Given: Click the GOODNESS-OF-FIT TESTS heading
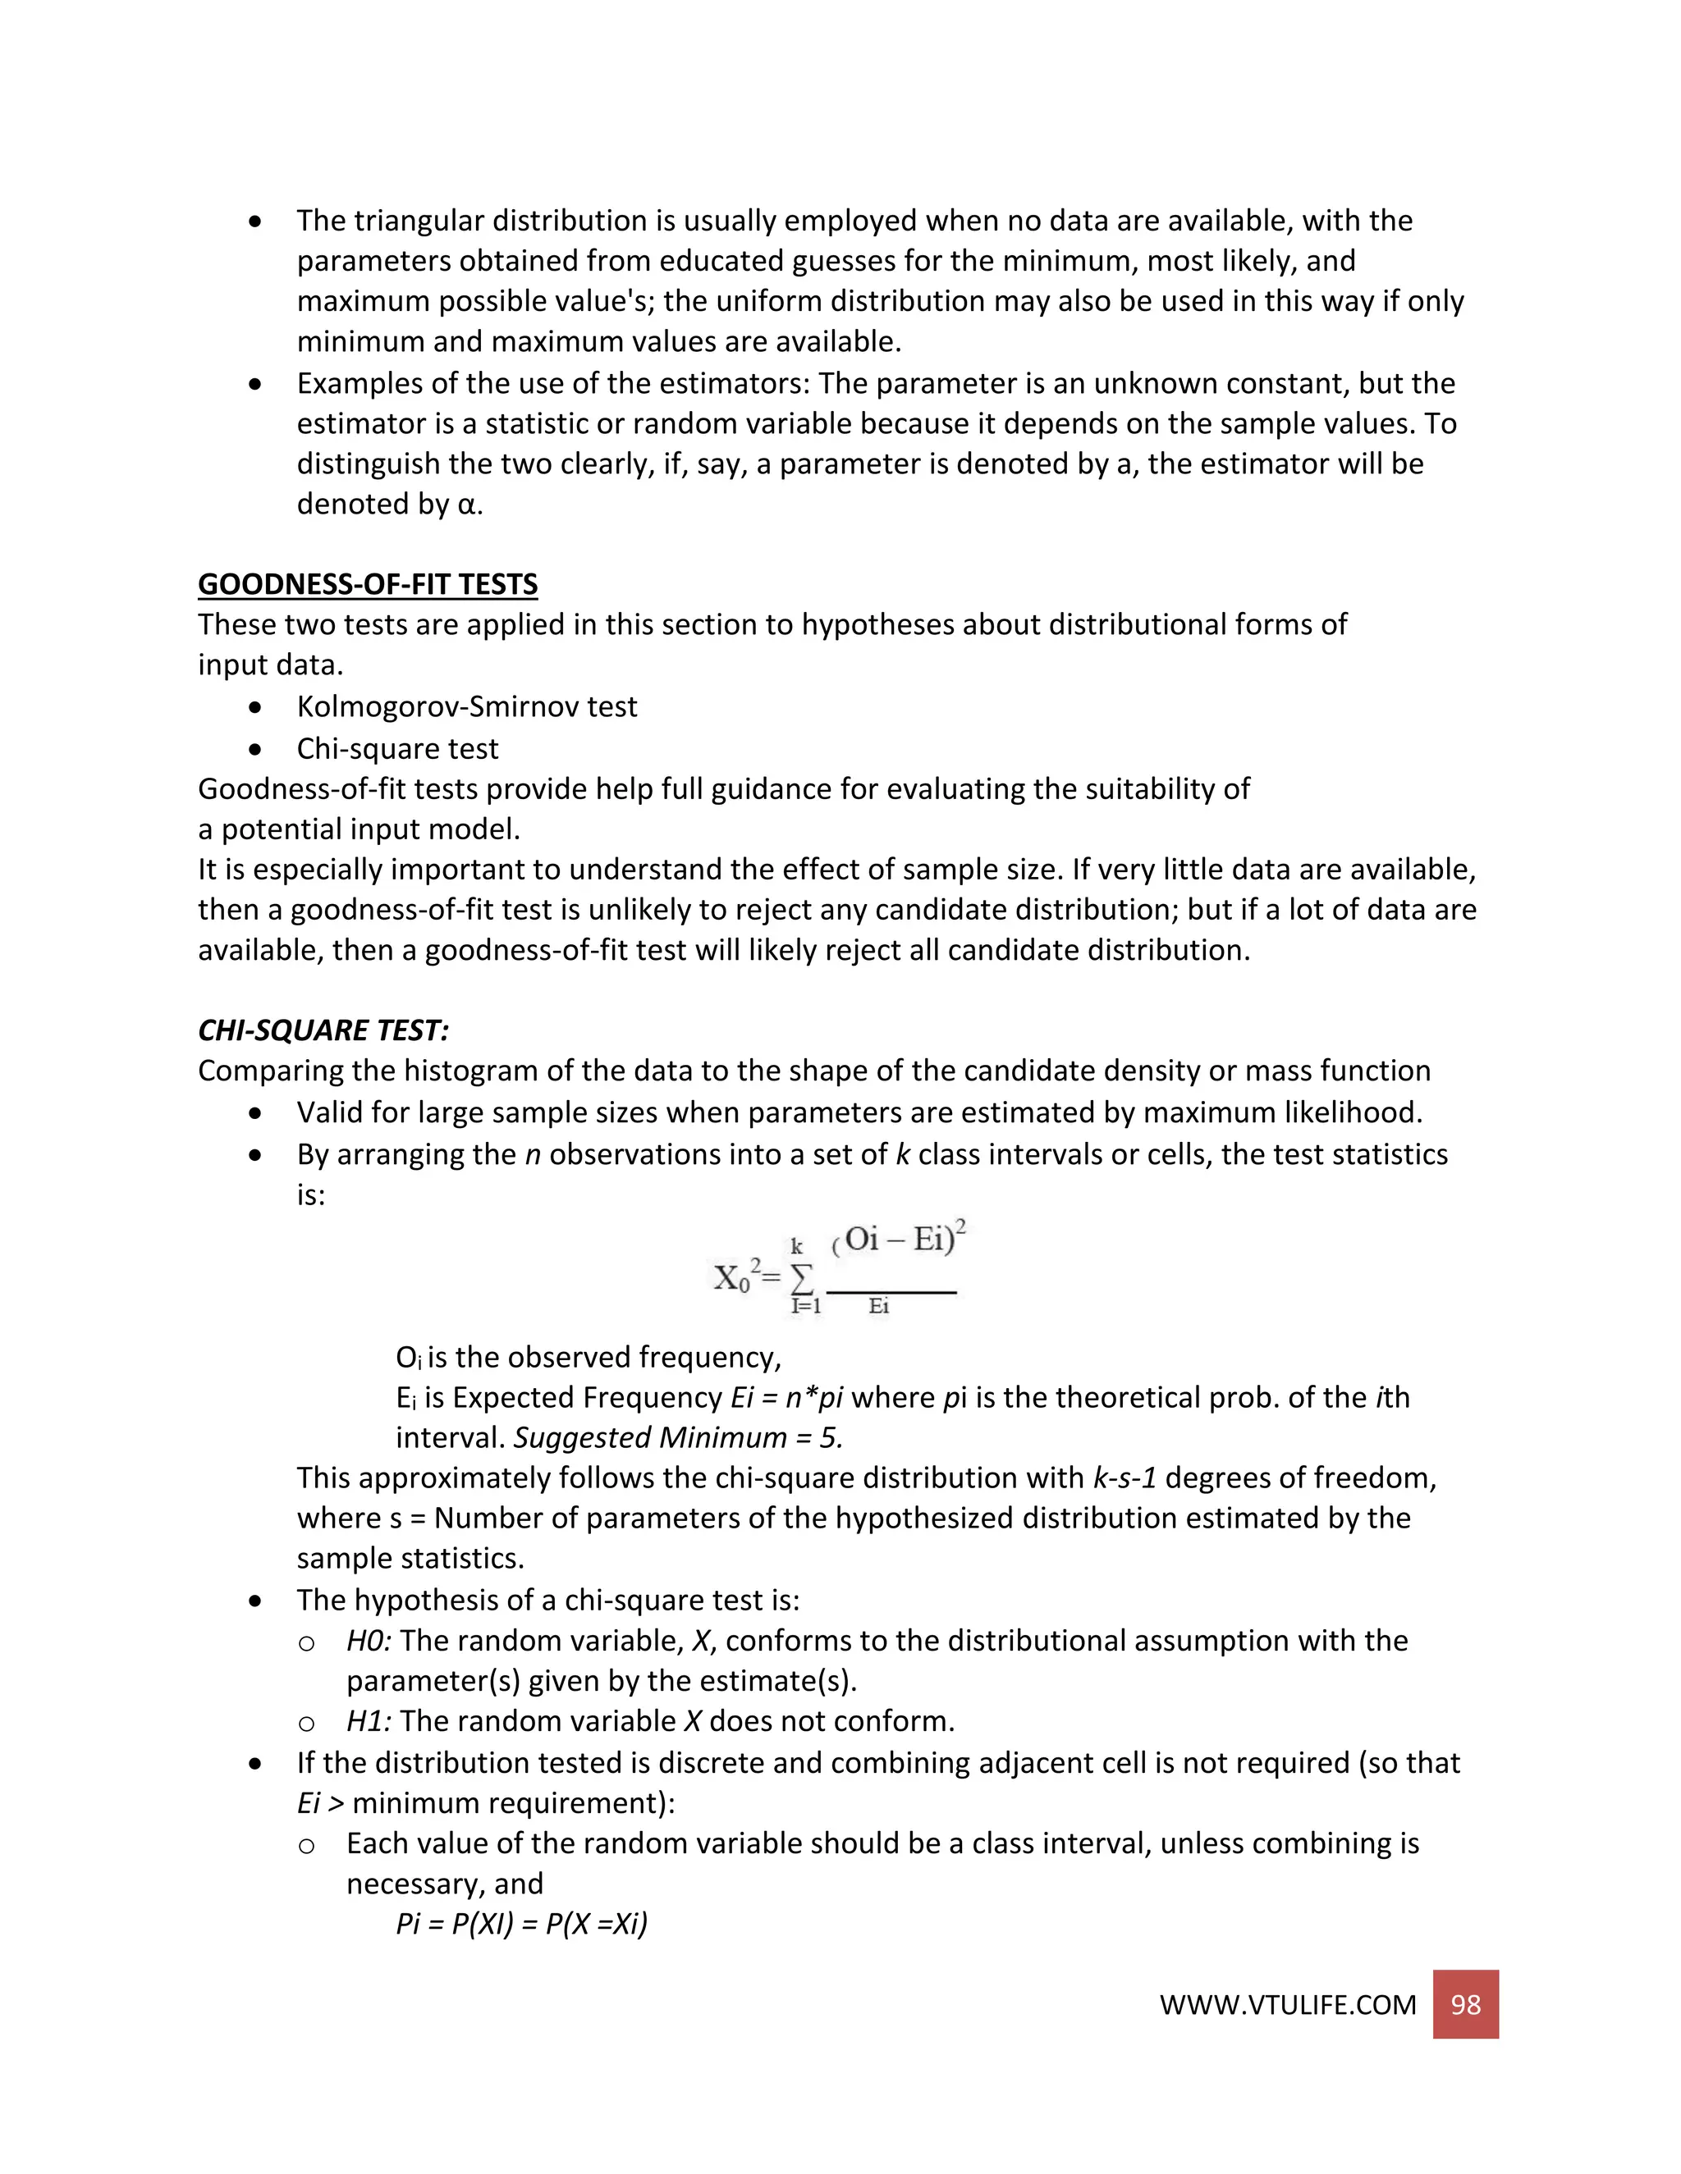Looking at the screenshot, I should click(368, 584).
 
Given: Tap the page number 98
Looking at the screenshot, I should click(1465, 2005).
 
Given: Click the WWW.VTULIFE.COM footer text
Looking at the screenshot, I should click(1287, 2006).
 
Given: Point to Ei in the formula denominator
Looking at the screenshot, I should click(878, 1307).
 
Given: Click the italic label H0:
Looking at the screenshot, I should click(369, 1641).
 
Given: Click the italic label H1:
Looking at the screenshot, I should click(369, 1721).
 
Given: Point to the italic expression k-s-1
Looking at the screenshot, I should click(1124, 1478).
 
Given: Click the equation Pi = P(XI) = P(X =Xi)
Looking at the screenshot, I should click(522, 1923).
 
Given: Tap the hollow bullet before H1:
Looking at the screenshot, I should click(307, 1723).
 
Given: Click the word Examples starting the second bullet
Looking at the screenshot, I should click(359, 384).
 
